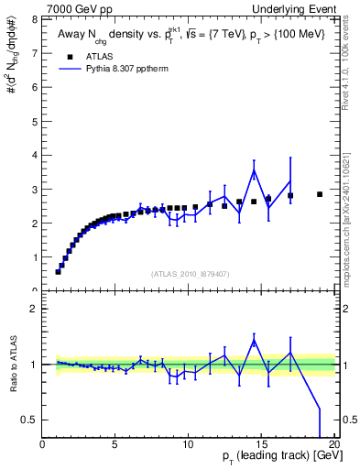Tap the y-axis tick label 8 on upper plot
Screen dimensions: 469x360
click(35, 17)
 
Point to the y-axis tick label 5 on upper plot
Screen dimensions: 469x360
click(35, 120)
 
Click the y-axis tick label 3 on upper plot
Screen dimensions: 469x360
click(35, 189)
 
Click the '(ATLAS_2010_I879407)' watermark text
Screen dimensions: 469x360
click(189, 272)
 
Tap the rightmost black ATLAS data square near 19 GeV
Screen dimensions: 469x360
click(320, 194)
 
